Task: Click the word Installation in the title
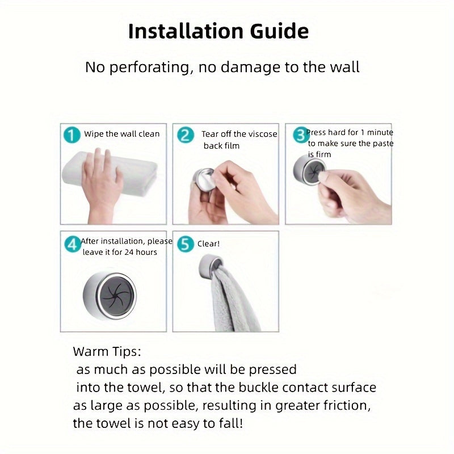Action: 186,31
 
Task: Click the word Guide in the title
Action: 279,31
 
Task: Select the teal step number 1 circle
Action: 72,135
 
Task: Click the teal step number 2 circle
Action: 186,135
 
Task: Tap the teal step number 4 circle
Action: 73,244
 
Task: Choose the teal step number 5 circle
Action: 186,244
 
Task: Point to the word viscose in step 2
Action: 262,134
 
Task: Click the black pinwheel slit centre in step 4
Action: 116,295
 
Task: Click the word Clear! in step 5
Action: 208,244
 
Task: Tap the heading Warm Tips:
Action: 107,352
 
